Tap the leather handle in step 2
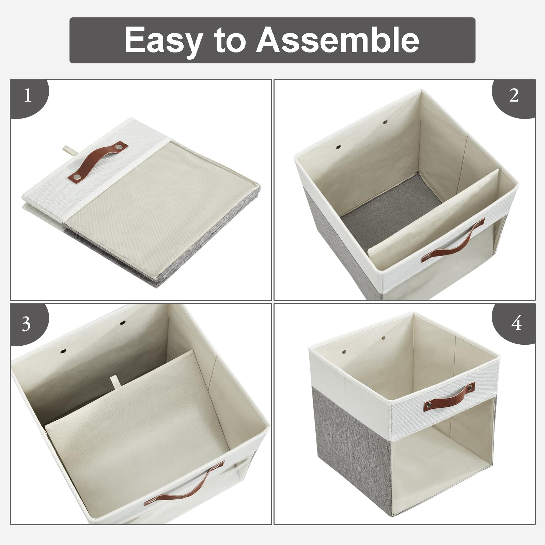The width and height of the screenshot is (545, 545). [453, 240]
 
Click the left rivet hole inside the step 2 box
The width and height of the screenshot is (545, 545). [338, 147]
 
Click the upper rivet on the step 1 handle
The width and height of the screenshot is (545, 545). [120, 147]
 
